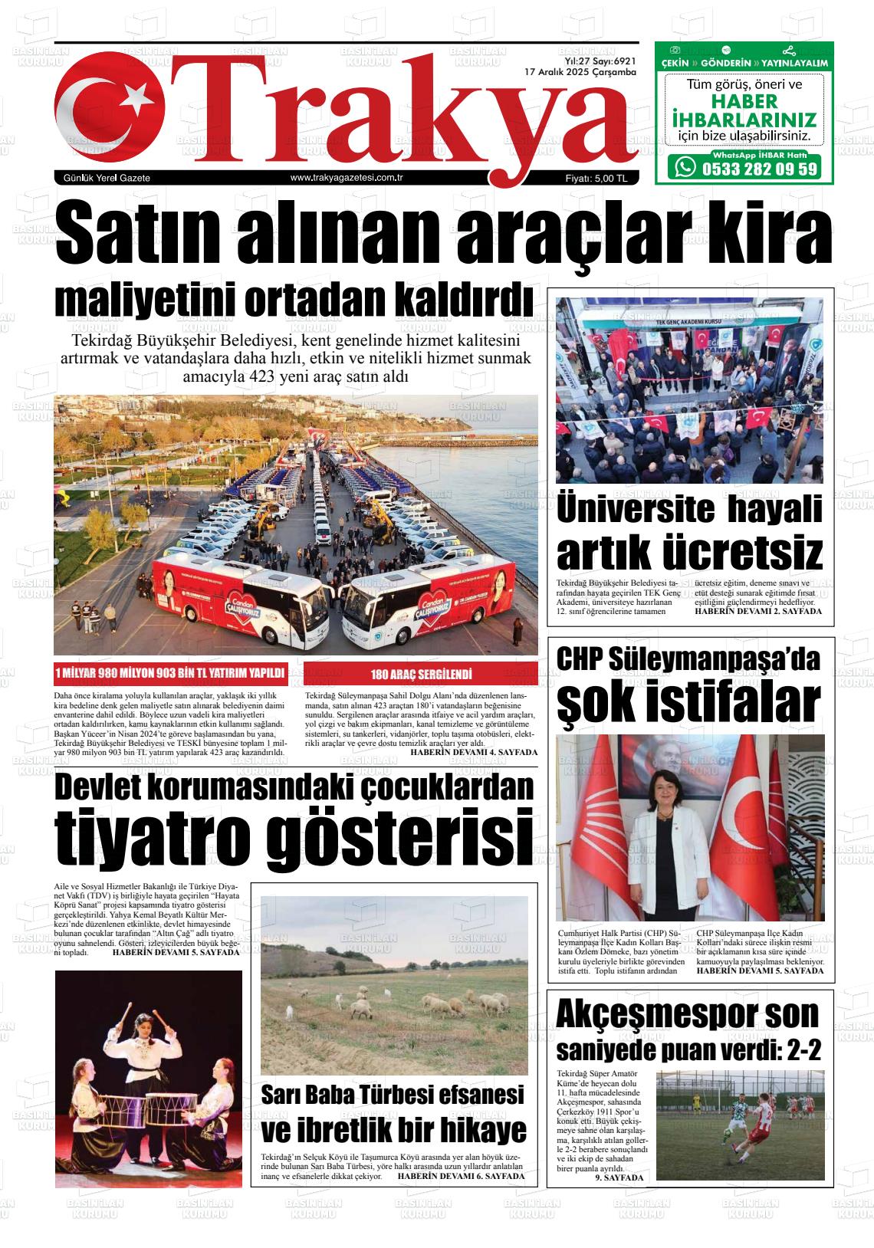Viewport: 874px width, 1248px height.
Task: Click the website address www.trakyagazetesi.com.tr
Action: (x=347, y=178)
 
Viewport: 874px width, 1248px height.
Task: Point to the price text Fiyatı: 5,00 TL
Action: (x=596, y=179)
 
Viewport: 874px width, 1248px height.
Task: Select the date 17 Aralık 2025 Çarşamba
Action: (x=580, y=72)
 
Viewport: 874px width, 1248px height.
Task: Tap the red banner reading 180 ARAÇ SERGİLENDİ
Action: (x=421, y=675)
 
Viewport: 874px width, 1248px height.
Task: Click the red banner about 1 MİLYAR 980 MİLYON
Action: (x=170, y=673)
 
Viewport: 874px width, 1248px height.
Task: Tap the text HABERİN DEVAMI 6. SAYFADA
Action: (x=462, y=1175)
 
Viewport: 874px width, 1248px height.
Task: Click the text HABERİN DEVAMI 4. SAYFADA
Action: (x=474, y=752)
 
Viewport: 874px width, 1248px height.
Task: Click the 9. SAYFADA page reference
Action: (x=619, y=1177)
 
